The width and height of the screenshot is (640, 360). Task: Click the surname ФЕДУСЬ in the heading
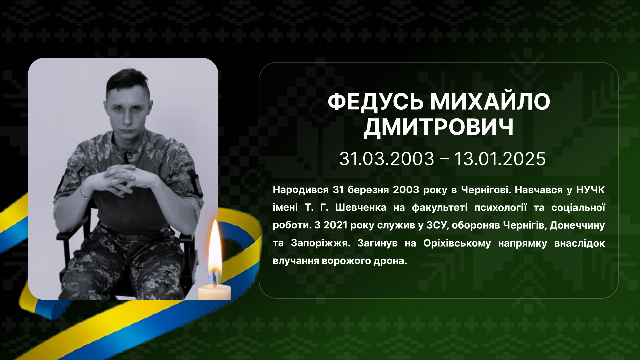tap(375, 102)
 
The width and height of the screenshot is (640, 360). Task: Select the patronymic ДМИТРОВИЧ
tap(439, 127)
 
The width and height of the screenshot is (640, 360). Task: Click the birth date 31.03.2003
tap(387, 159)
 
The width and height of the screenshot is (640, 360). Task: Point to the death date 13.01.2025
tap(500, 159)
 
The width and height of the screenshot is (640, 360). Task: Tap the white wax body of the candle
tap(214, 292)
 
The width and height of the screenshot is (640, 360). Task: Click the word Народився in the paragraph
tap(301, 190)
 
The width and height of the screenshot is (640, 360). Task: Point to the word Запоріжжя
tap(320, 243)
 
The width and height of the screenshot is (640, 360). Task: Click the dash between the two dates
tap(444, 159)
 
